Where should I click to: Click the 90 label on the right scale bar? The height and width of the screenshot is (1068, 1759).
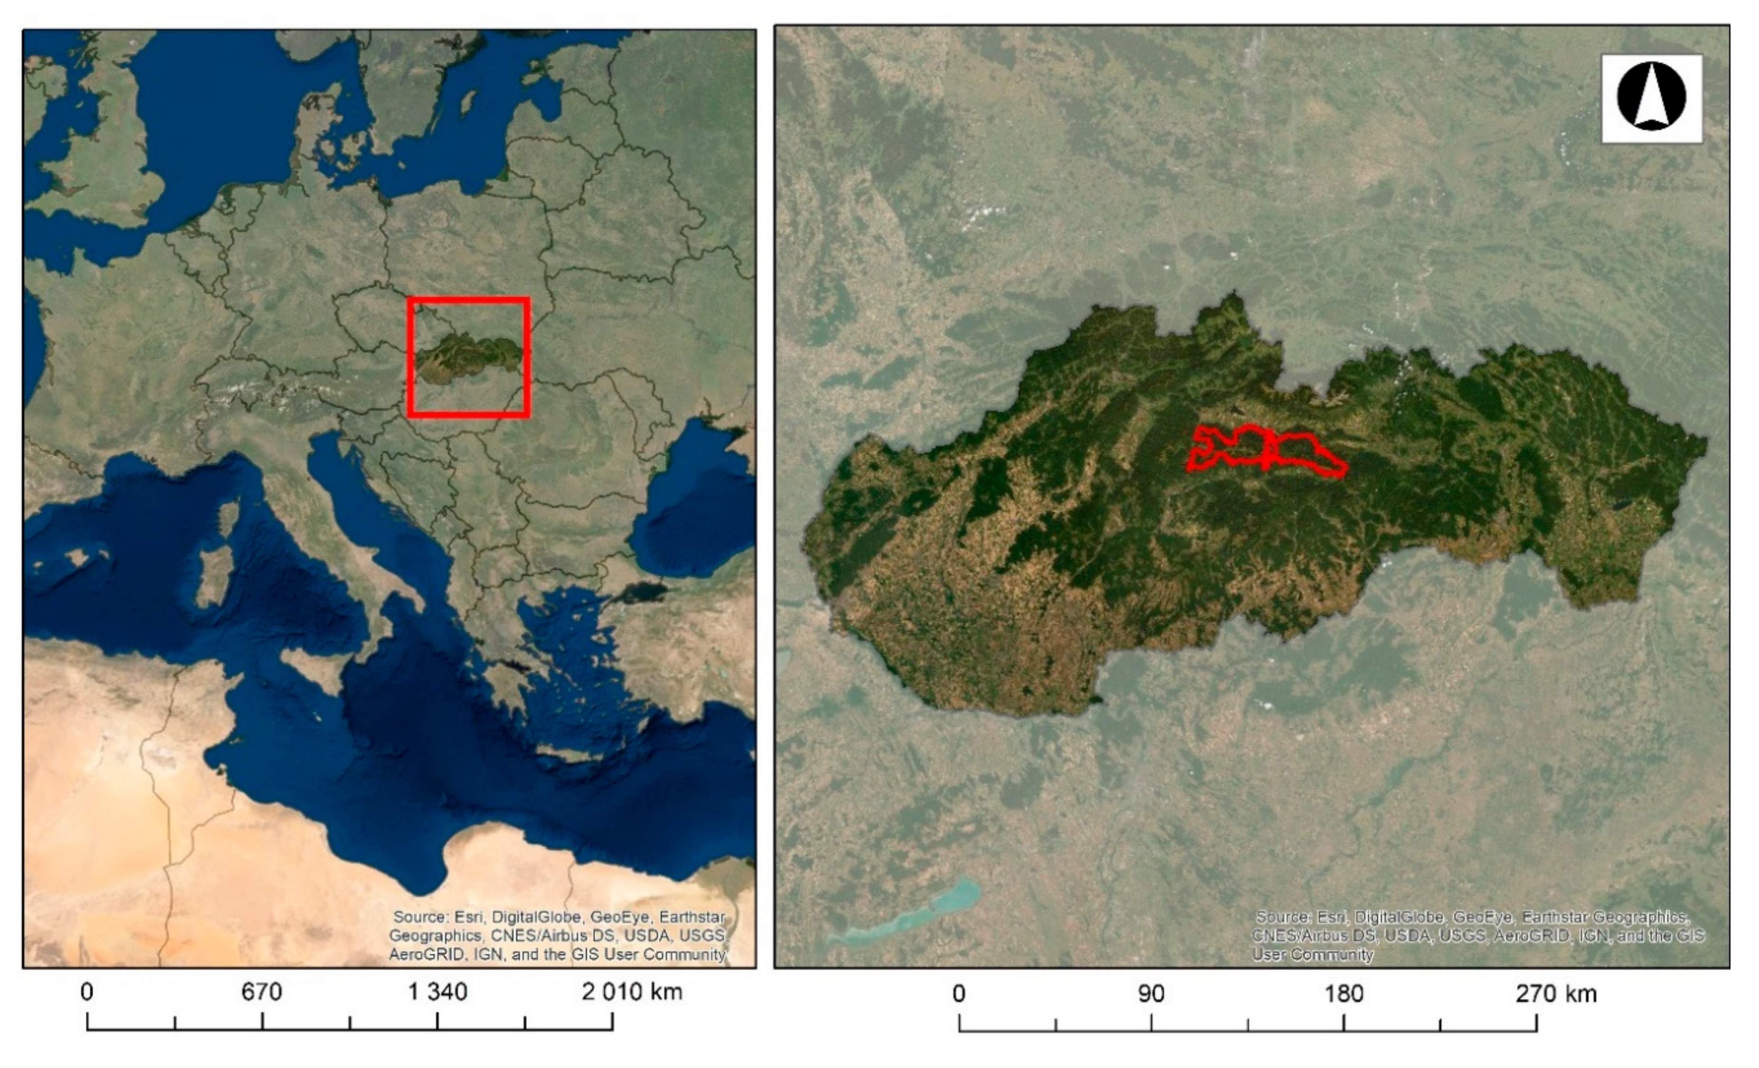coord(1151,994)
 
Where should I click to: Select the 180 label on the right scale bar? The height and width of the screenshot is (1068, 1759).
coord(1344,994)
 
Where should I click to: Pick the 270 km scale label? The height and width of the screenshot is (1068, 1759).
coord(1555,994)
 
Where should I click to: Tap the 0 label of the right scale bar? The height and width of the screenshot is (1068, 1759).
coord(959,994)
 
